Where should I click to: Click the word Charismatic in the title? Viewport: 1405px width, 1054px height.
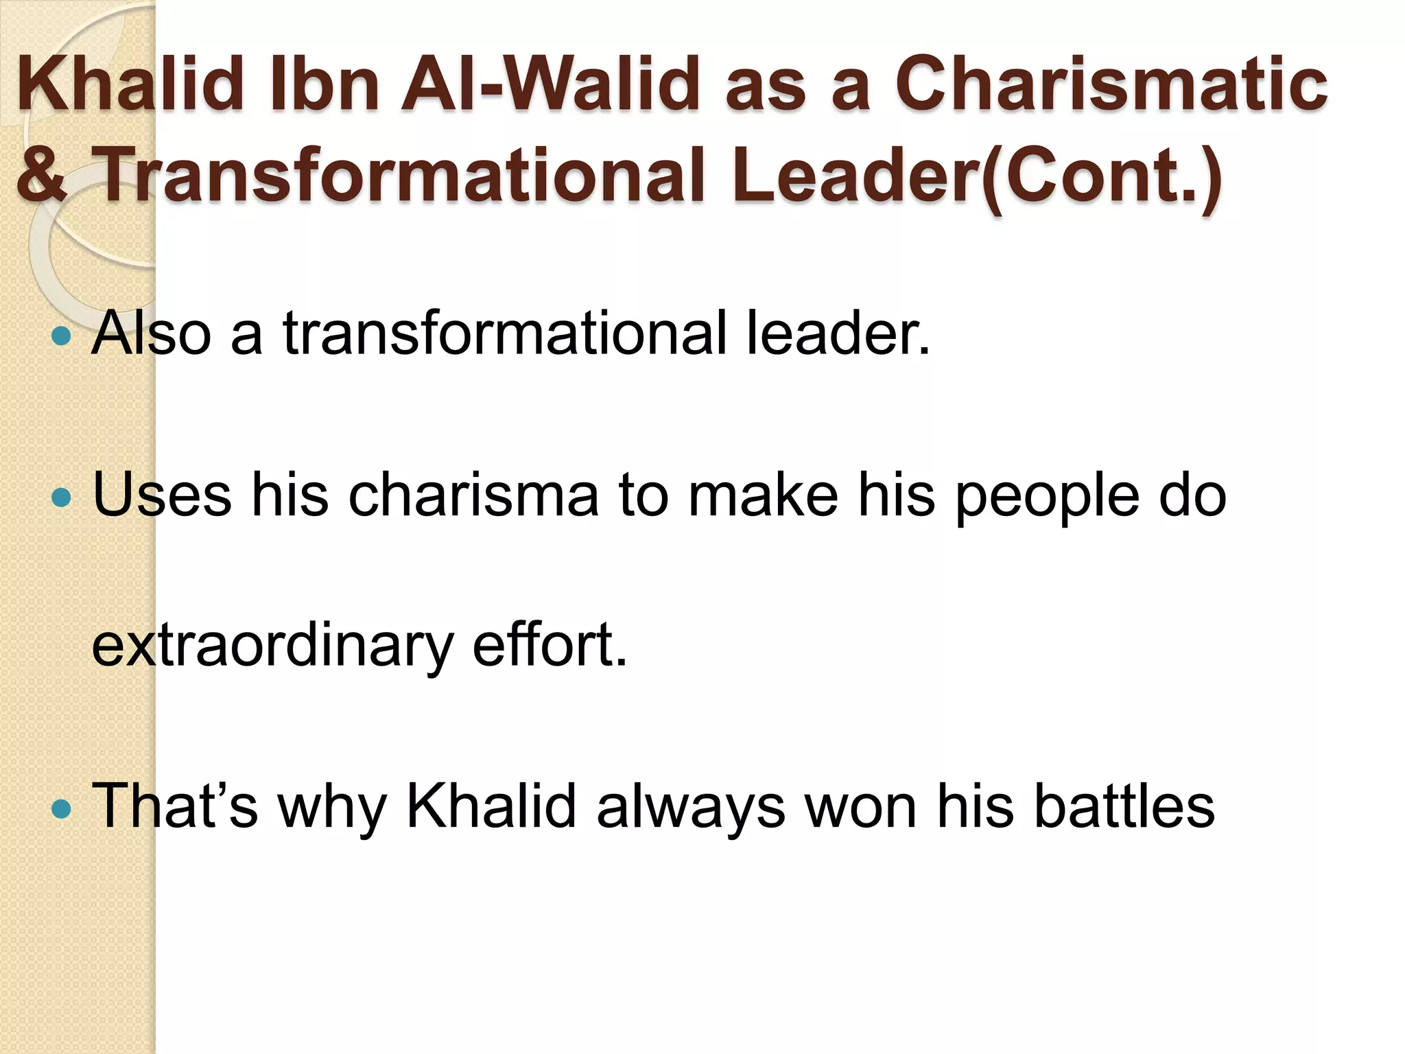point(1111,86)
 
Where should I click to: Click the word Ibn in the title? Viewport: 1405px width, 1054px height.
point(325,86)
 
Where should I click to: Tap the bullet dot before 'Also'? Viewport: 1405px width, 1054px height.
point(61,336)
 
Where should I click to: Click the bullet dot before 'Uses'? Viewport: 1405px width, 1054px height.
point(61,496)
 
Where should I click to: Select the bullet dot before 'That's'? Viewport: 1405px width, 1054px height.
point(61,808)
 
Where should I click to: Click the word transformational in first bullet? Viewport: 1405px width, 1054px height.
point(504,334)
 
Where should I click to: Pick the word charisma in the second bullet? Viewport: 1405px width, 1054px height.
point(473,495)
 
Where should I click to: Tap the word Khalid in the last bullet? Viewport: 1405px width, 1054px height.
point(491,807)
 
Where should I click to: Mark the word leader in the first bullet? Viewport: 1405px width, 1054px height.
point(838,334)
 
